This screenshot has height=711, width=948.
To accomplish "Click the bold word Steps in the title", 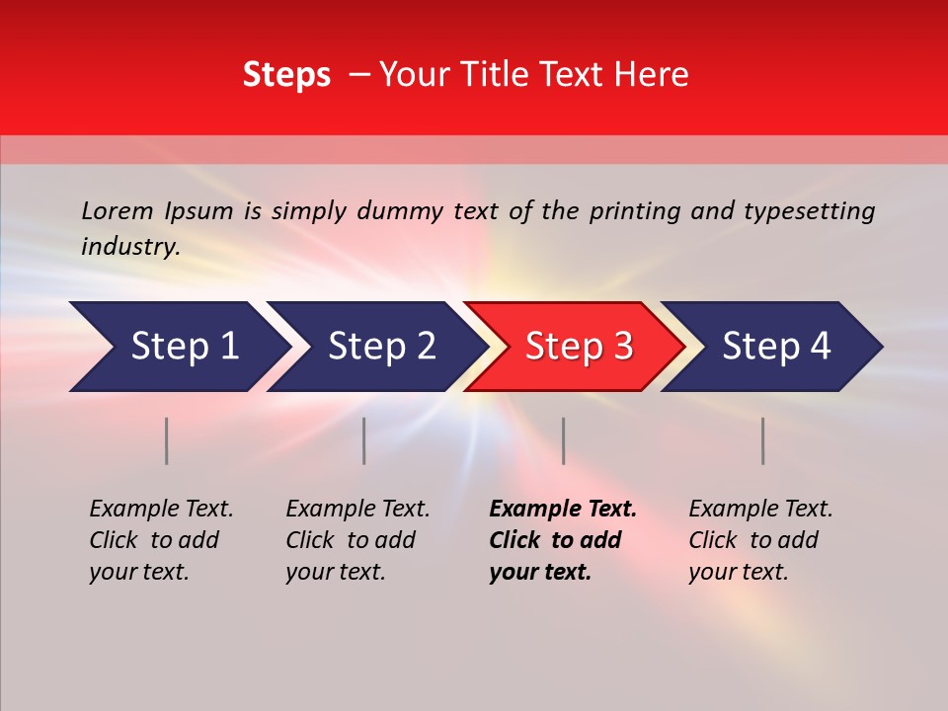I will (286, 75).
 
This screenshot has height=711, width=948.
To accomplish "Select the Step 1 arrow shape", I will (178, 347).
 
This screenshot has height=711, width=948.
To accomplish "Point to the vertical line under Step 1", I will (167, 440).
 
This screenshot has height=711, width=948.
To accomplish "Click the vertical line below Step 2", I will (364, 440).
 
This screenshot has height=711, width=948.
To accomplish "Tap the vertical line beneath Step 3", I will (563, 440).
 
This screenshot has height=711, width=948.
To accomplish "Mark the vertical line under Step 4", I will (762, 440).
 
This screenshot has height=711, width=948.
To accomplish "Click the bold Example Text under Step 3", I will (562, 510).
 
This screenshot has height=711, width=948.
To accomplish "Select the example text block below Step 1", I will (161, 540).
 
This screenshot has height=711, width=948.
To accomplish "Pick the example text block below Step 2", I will (357, 540).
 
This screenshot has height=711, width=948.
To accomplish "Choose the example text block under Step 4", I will (760, 540).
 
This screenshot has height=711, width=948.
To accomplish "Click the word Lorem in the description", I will (118, 210).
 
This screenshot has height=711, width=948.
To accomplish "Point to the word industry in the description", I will (129, 246).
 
